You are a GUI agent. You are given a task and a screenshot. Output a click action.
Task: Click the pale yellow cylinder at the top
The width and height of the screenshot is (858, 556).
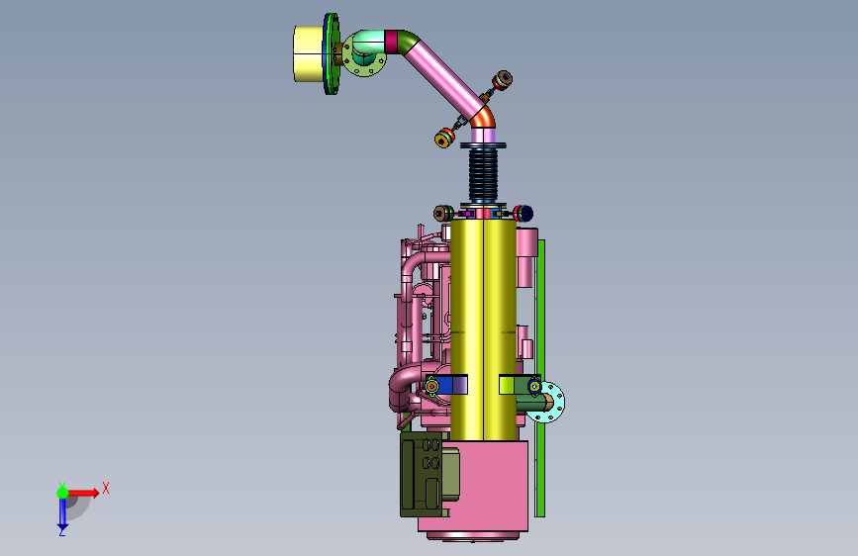(x=309, y=53)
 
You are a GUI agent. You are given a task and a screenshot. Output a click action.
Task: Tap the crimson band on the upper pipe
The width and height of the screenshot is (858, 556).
(x=391, y=42)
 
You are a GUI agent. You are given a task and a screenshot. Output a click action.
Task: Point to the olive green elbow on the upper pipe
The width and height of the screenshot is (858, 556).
(x=407, y=40)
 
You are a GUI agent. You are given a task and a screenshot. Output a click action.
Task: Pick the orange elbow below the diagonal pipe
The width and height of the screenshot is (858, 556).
(x=484, y=118)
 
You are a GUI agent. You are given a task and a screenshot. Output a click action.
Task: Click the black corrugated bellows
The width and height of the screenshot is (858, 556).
(x=483, y=174)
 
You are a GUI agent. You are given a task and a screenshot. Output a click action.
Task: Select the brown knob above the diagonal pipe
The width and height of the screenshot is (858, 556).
(x=504, y=79)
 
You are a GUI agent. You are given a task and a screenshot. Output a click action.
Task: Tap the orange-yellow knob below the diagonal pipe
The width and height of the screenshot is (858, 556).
(x=443, y=139)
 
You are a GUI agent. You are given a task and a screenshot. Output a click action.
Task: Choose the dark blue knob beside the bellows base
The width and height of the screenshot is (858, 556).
(x=524, y=214)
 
